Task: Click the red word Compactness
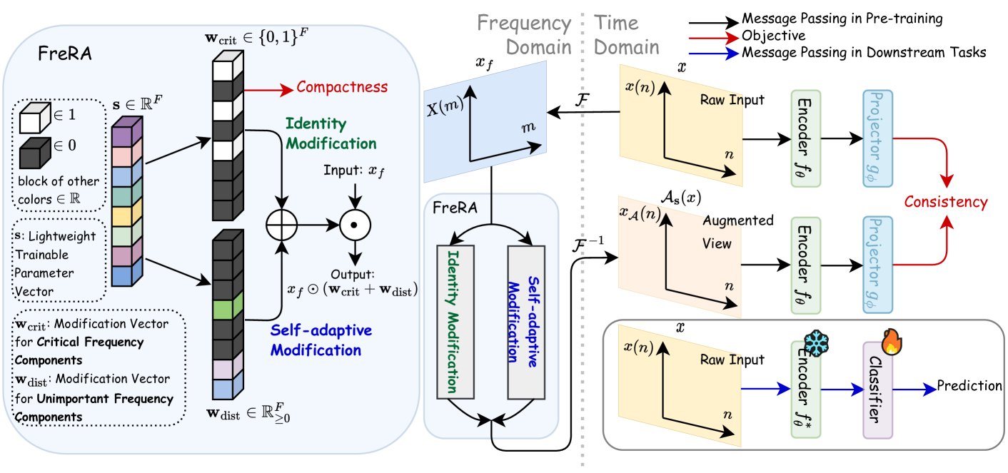342,87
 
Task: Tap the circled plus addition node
281,225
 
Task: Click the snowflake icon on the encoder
815,344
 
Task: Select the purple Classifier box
877,390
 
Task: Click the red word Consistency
945,202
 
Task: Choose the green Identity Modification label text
331,133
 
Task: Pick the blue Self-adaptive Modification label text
321,340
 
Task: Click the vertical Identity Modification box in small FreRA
455,321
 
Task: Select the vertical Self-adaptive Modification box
526,321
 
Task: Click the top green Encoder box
806,139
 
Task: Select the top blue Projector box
877,139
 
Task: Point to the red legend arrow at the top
713,38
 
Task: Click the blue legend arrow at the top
713,54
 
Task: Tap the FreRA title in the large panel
66,54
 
